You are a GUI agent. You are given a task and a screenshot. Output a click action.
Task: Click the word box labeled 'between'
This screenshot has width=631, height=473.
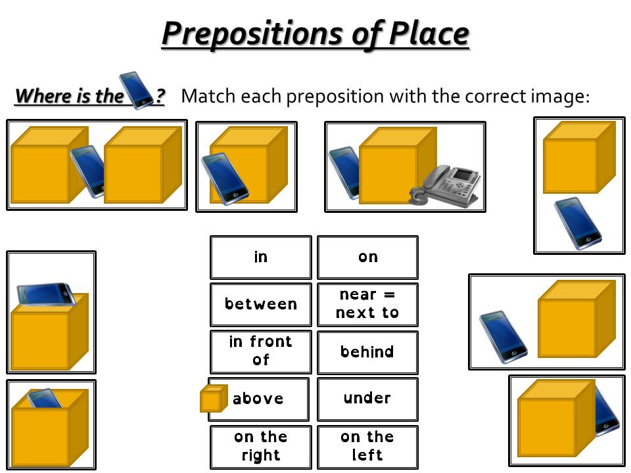pos(261,304)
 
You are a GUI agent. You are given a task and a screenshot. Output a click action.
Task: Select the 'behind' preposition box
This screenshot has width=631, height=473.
pos(367,352)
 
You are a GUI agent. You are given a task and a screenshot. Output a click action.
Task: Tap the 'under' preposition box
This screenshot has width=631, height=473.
pos(367,399)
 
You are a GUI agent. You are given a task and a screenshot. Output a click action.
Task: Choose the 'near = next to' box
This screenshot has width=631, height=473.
pos(367,304)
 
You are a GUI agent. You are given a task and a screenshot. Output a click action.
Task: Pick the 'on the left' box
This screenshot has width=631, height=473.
pos(367,447)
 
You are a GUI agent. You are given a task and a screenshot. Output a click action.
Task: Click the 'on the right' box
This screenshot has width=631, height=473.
pos(261,447)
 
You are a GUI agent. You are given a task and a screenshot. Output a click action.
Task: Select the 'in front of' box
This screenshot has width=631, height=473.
pos(261,352)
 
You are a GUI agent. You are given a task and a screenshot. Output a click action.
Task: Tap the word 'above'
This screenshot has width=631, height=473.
pos(258,399)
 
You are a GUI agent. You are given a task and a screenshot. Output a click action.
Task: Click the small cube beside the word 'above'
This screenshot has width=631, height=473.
pos(214,398)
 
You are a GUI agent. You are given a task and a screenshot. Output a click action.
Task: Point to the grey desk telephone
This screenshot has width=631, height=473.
pos(445,185)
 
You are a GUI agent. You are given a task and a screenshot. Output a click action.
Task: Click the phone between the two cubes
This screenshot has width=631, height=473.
pos(88,171)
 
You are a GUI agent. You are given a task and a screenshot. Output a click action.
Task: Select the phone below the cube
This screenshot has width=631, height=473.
pos(578,223)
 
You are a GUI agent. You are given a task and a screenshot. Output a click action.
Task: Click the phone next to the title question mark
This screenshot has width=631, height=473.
pos(136,90)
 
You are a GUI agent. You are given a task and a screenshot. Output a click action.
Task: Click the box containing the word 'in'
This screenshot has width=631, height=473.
pos(261,258)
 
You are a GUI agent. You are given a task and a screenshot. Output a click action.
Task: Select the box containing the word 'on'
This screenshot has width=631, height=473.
pos(367,258)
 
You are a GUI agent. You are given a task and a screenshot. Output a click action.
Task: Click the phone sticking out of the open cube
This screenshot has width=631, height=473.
pos(44,398)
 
